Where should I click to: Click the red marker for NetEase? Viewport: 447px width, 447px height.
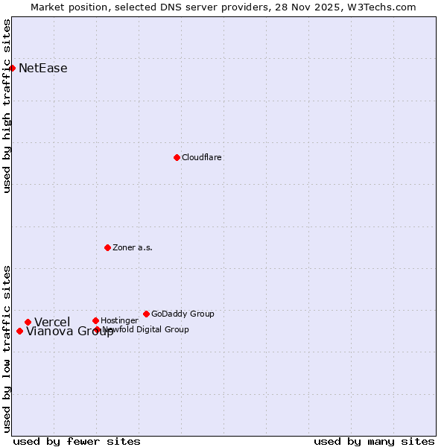coord(12,68)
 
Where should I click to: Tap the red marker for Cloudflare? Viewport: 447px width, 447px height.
coord(177,157)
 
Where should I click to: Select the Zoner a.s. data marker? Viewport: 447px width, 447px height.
coord(107,247)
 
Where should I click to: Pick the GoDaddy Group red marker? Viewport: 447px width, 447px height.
coord(146,314)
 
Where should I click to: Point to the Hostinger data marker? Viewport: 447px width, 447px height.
coord(95,320)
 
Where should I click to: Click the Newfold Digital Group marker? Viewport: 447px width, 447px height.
coord(97,329)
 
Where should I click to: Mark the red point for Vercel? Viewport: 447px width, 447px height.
coord(28,322)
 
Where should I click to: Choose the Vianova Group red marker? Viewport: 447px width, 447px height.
coord(19,331)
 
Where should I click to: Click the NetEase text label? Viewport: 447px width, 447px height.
coord(42,69)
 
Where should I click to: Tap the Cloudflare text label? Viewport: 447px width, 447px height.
coord(201,157)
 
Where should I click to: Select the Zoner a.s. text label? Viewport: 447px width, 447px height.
coord(133,247)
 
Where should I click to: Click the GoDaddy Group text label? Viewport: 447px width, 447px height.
coord(183,314)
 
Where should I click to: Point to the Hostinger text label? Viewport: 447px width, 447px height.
coord(119,320)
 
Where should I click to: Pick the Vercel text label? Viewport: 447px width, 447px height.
coord(52,322)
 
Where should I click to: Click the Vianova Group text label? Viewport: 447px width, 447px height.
coord(70,332)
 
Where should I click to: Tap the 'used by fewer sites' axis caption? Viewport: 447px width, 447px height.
coord(77,441)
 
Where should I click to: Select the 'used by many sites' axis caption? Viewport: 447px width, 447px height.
coord(374,441)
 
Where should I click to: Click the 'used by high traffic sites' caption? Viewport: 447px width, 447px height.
coord(7,106)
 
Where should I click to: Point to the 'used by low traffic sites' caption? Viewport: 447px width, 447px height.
coord(7,348)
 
